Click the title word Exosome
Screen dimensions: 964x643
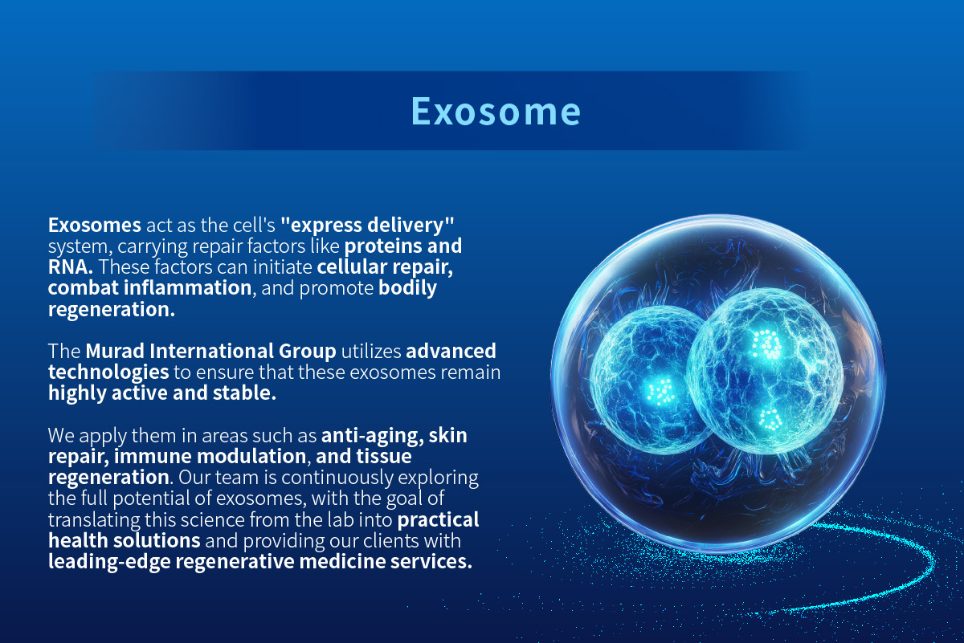pos(496,112)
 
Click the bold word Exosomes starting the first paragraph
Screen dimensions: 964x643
pos(95,225)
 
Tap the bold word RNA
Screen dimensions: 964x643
pos(70,267)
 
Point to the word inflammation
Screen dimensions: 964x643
pos(188,287)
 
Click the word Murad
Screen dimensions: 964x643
pos(115,351)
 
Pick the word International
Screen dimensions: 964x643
pos(211,351)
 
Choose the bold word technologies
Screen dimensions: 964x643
pos(108,372)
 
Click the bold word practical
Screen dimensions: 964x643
pos(438,520)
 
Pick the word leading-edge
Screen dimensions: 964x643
pos(109,562)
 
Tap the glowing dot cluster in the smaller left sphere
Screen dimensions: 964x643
pos(661,391)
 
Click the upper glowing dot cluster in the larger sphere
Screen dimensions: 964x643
pos(766,344)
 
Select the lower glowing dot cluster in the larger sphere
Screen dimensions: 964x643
pos(770,419)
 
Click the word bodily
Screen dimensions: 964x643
pos(407,287)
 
